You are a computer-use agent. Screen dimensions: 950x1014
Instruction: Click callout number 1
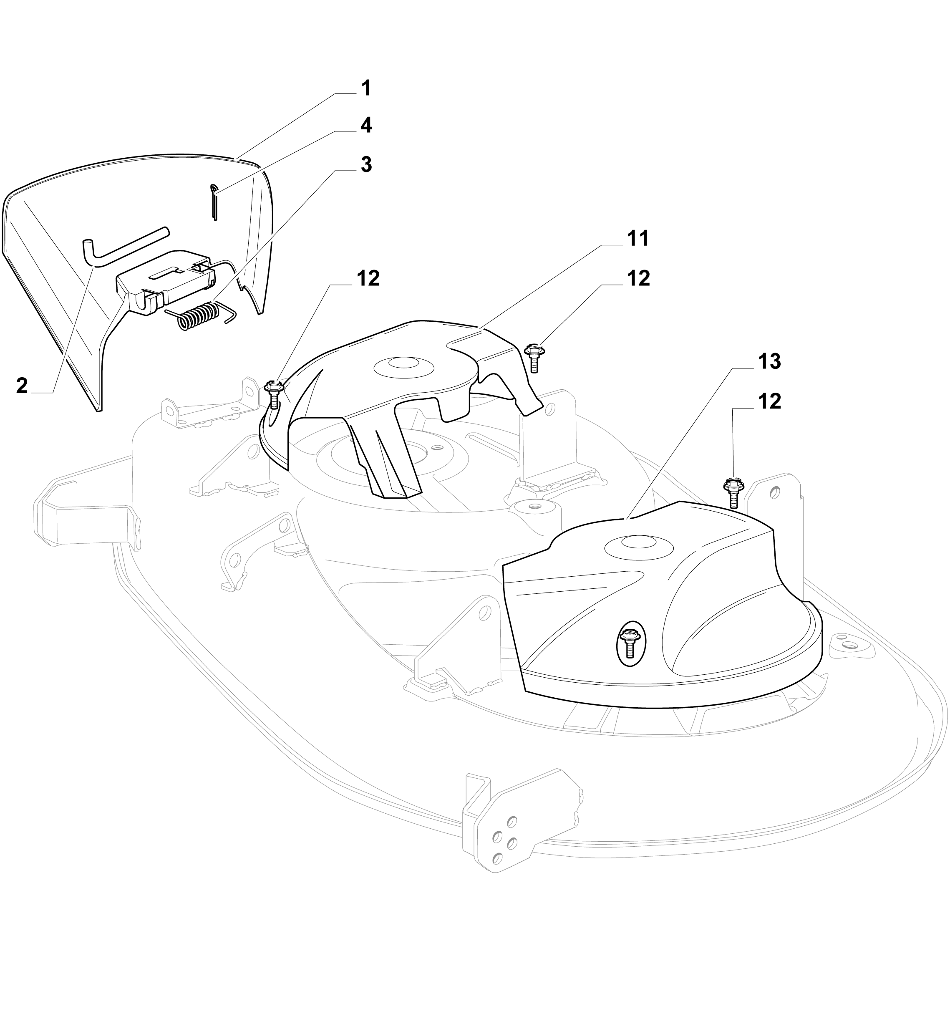click(x=366, y=88)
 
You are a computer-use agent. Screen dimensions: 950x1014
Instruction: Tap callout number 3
click(x=366, y=165)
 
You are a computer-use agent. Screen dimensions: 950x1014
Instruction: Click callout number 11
click(x=638, y=238)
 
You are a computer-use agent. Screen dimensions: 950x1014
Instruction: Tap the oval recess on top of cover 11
click(x=404, y=366)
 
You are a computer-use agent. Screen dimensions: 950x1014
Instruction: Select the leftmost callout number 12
click(x=368, y=278)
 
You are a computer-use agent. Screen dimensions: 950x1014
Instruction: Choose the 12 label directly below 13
click(x=769, y=401)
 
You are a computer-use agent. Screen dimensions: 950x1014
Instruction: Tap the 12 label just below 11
click(x=638, y=278)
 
